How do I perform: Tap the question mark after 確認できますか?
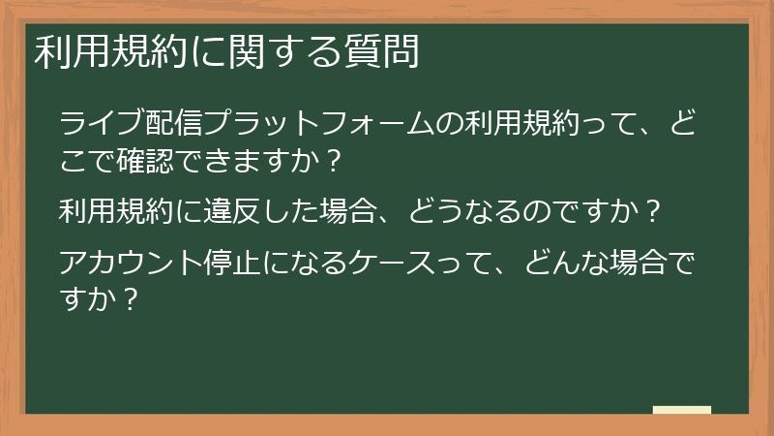[334, 160]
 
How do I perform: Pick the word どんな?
[560, 261]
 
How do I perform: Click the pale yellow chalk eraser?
[682, 410]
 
